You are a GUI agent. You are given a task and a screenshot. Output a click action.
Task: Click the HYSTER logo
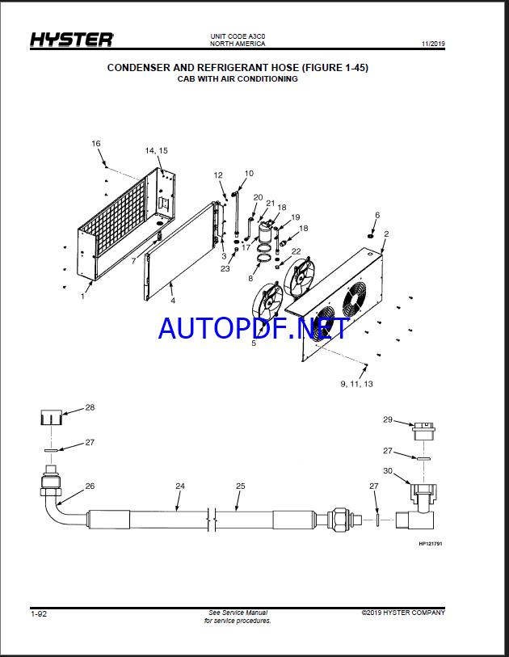(x=71, y=40)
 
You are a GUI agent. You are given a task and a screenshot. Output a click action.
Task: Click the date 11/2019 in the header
(x=433, y=44)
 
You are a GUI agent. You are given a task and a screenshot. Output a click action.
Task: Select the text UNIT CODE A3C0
(x=238, y=36)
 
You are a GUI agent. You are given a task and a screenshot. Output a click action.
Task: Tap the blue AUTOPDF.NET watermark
(x=254, y=328)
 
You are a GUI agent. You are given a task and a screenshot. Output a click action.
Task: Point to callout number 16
(x=96, y=143)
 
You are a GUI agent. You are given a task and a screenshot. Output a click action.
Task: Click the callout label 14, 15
(x=156, y=150)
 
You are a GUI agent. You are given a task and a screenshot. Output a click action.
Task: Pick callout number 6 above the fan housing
(x=377, y=215)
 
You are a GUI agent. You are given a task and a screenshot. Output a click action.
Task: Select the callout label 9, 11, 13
(x=356, y=384)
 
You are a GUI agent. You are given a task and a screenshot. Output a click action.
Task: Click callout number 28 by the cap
(x=90, y=407)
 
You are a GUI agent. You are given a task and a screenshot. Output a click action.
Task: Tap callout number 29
(x=388, y=419)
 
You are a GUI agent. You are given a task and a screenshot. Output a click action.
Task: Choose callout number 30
(x=388, y=470)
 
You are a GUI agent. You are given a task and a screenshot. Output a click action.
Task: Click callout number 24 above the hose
(x=180, y=486)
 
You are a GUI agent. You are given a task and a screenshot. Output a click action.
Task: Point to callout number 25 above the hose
(x=241, y=486)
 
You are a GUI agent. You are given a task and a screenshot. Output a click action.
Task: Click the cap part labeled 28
(x=52, y=417)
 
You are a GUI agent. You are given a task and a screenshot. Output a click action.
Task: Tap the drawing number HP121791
(x=431, y=544)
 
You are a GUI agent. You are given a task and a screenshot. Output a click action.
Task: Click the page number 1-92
(x=39, y=614)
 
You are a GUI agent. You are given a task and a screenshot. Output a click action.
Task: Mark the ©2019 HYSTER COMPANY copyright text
(x=403, y=613)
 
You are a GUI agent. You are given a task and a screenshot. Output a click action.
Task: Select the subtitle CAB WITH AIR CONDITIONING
(x=238, y=78)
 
